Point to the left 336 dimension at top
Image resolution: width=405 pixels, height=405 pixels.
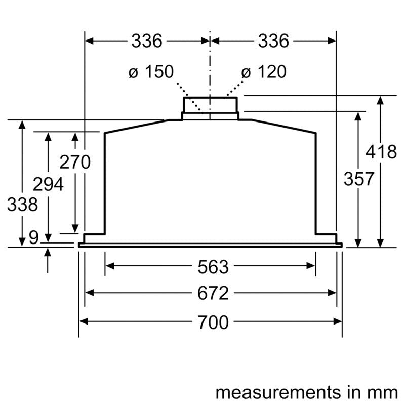pyautogui.click(x=147, y=41)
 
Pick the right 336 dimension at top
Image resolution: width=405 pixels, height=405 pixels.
pyautogui.click(x=273, y=41)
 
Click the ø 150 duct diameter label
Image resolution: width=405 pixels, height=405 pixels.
pyautogui.click(x=150, y=72)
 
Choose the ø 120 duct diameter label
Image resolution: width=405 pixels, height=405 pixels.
pyautogui.click(x=264, y=72)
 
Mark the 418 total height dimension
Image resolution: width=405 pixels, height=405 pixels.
pyautogui.click(x=381, y=152)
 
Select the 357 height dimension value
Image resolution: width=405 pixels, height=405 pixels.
pyautogui.click(x=358, y=179)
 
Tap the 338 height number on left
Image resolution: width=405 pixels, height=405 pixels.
pyautogui.click(x=22, y=205)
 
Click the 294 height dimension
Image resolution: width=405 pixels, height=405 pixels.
pyautogui.click(x=48, y=184)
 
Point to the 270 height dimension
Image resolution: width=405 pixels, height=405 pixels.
pyautogui.click(x=75, y=163)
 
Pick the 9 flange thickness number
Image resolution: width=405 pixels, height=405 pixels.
pyautogui.click(x=33, y=237)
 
